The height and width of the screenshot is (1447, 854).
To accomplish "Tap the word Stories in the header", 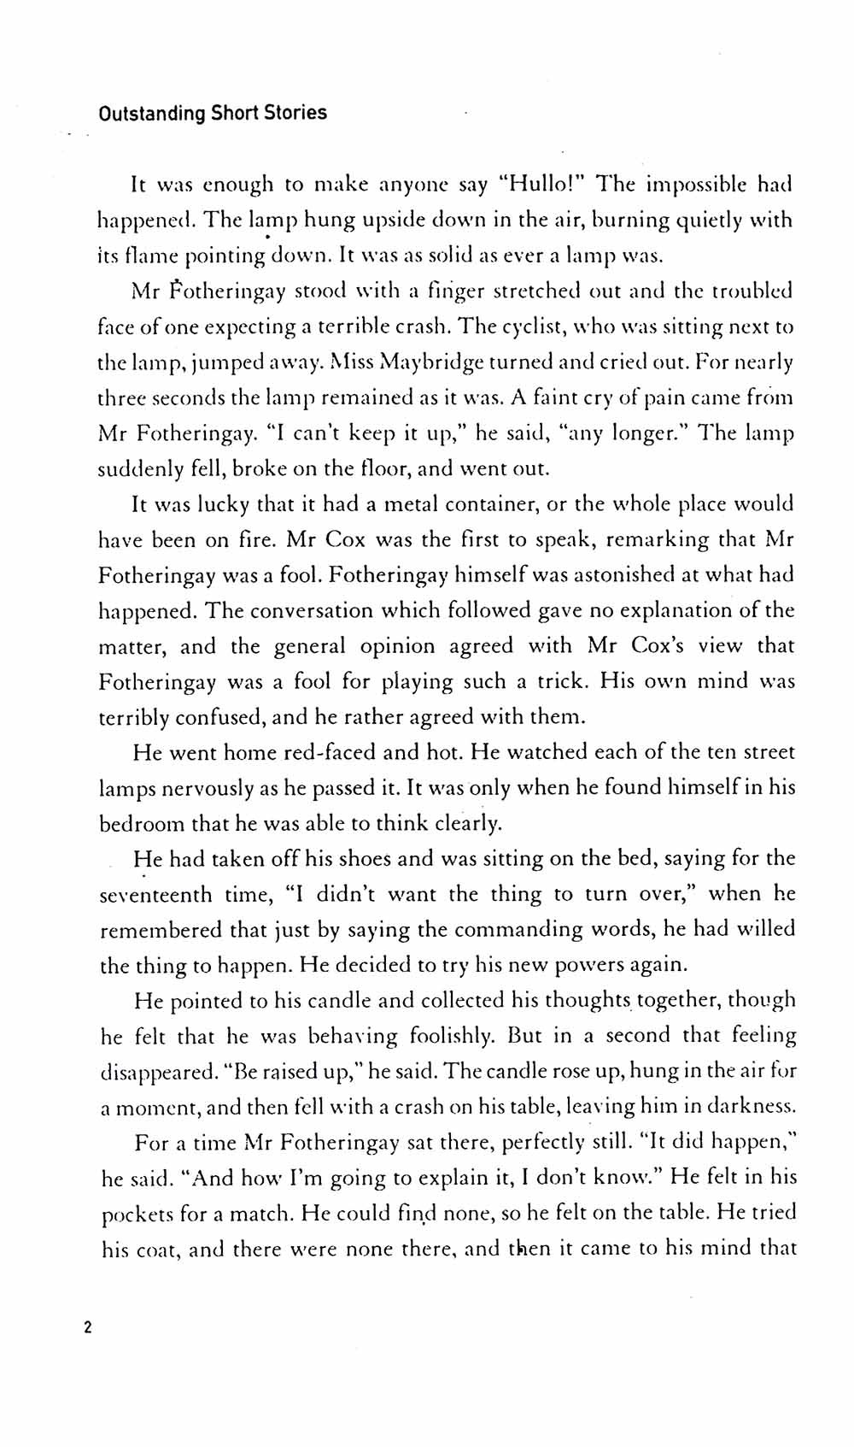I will (x=294, y=113).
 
